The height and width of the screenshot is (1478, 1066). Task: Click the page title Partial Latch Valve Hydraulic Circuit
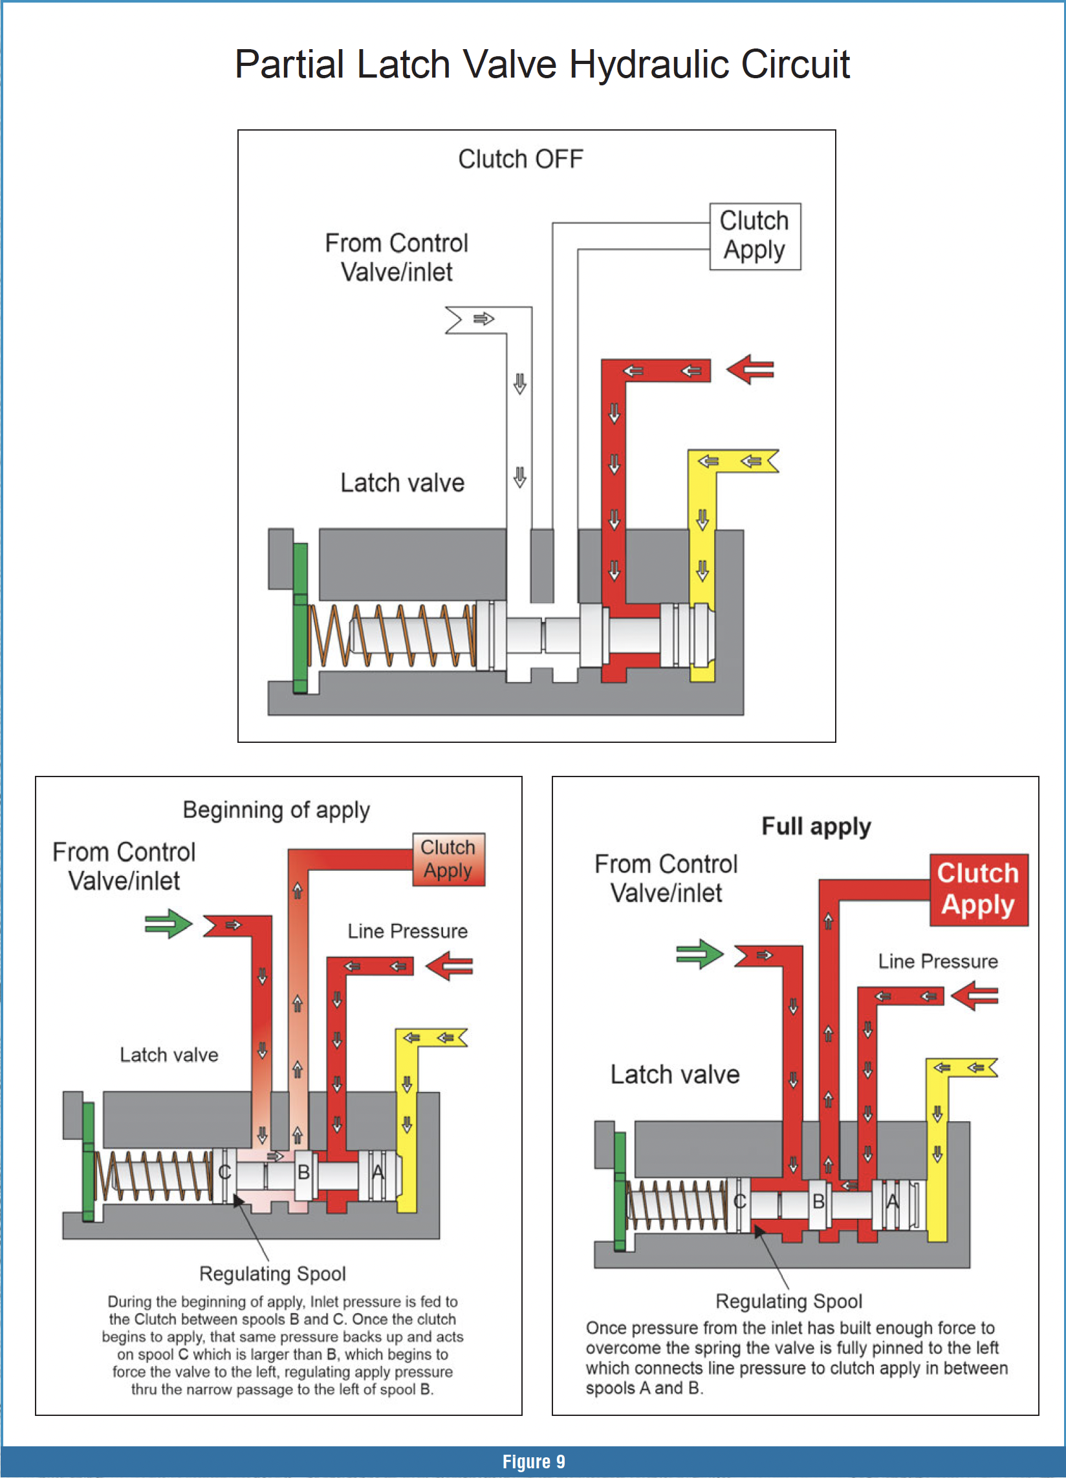[x=542, y=65]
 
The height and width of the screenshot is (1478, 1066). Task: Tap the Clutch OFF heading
[x=520, y=159]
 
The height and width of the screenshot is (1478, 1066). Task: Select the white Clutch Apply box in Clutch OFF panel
[x=754, y=236]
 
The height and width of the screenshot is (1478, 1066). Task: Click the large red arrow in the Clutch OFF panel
[x=750, y=370]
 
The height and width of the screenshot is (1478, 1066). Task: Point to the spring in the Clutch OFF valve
[x=391, y=636]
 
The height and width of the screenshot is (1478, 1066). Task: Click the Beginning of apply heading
[x=276, y=810]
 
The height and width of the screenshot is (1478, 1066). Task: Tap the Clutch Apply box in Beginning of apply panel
[x=448, y=859]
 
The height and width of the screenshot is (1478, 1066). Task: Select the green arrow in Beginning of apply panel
[x=168, y=923]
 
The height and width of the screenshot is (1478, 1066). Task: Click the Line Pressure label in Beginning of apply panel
[x=408, y=931]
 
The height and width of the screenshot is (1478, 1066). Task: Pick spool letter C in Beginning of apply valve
[x=224, y=1172]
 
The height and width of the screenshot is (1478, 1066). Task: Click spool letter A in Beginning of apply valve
[x=378, y=1172]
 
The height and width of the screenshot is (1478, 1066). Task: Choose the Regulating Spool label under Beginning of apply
[x=272, y=1274]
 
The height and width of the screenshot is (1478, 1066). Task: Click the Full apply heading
[x=816, y=826]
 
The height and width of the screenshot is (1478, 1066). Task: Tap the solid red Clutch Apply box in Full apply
[x=978, y=890]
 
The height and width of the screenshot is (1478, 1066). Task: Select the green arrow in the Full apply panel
[x=700, y=954]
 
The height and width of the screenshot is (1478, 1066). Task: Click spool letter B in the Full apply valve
[x=818, y=1201]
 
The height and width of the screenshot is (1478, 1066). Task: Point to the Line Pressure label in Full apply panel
[x=937, y=961]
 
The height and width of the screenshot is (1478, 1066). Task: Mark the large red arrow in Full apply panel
[x=975, y=996]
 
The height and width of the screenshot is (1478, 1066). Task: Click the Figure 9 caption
[x=534, y=1462]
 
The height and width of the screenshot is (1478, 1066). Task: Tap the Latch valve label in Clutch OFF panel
[x=402, y=483]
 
